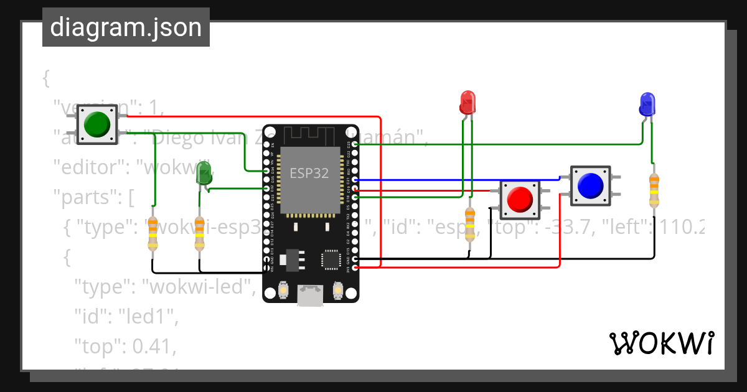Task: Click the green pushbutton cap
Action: [x=96, y=124]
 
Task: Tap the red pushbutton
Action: [x=520, y=199]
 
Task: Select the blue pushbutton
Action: [x=590, y=185]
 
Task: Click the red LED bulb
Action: [x=467, y=102]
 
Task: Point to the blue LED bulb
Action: [x=647, y=104]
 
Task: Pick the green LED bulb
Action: [x=204, y=173]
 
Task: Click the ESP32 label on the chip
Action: [x=309, y=173]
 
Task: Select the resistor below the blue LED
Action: [x=654, y=190]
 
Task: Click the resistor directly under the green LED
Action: [x=199, y=234]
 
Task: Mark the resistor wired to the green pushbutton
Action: [x=153, y=234]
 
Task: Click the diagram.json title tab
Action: [x=126, y=27]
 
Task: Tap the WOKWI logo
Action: [x=661, y=343]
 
